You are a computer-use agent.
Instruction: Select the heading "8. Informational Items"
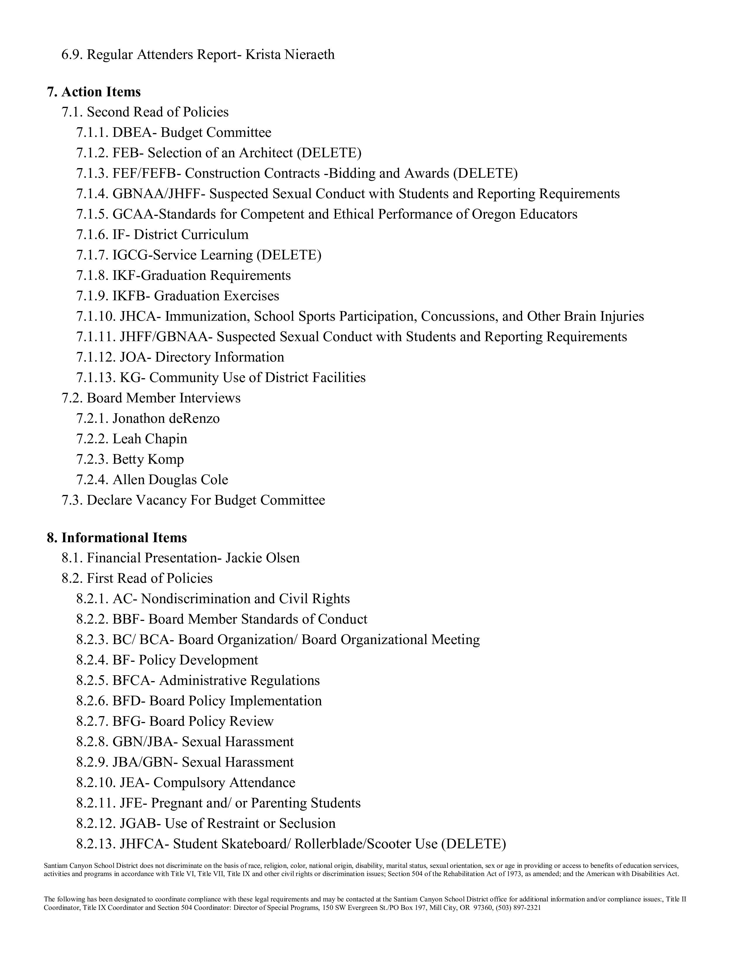(x=117, y=538)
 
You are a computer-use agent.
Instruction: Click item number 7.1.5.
(x=92, y=214)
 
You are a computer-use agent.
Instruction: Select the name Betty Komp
(x=148, y=459)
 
